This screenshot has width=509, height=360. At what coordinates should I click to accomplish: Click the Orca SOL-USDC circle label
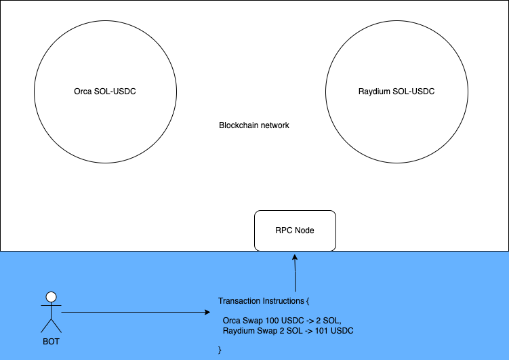click(105, 92)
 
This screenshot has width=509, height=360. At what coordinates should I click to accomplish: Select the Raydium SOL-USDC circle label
click(396, 92)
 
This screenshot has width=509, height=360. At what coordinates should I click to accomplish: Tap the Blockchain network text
click(254, 125)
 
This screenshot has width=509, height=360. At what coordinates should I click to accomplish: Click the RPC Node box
click(295, 231)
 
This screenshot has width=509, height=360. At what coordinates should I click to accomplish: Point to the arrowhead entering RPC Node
click(295, 257)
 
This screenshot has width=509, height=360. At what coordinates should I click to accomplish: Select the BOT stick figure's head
click(50, 297)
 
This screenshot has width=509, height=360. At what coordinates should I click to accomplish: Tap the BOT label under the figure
click(51, 341)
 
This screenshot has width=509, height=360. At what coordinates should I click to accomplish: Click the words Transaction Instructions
click(260, 300)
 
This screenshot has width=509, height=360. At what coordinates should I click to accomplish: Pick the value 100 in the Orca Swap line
click(271, 320)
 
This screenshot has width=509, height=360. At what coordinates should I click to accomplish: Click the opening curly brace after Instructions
click(308, 300)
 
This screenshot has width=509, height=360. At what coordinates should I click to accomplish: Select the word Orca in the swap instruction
click(232, 320)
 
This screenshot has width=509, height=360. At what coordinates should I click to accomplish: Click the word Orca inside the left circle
click(83, 92)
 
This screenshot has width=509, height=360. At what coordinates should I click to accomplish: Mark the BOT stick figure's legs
click(50, 325)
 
